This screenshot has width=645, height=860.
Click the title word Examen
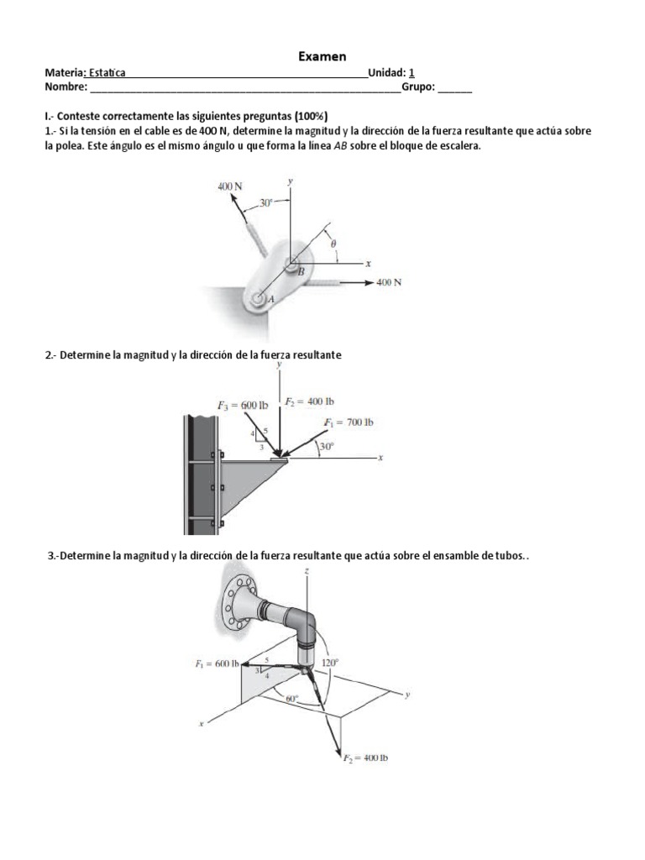click(322, 56)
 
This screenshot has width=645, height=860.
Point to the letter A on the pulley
click(270, 298)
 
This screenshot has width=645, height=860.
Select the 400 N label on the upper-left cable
click(229, 186)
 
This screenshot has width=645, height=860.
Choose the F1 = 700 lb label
click(348, 422)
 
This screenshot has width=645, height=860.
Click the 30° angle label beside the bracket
click(325, 447)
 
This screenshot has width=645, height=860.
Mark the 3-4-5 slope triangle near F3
click(260, 439)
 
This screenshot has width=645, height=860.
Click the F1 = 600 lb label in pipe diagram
click(217, 663)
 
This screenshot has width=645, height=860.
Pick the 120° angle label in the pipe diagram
click(331, 663)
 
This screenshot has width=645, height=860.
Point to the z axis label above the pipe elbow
click(307, 570)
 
